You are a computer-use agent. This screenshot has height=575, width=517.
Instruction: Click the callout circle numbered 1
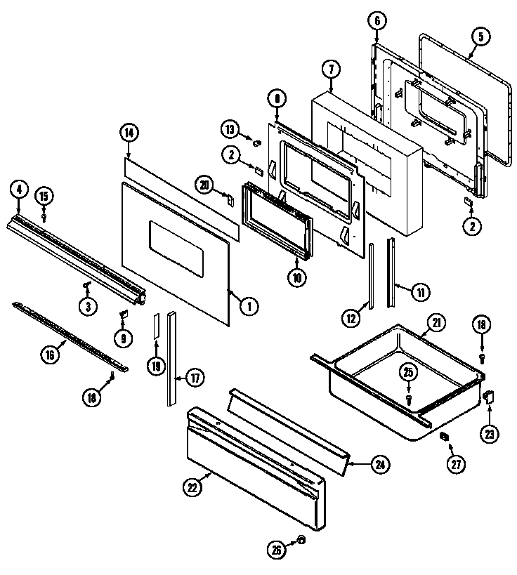pos(247,305)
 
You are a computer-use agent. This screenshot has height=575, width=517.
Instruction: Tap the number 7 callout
pos(330,69)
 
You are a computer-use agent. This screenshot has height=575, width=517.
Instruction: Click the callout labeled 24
pos(379,464)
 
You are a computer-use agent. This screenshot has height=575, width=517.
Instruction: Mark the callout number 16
pos(49,356)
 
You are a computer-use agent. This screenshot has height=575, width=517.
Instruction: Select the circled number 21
pos(436,324)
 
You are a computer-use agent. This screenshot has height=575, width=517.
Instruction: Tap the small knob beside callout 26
pos(300,540)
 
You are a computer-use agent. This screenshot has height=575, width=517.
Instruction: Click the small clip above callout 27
pos(444,437)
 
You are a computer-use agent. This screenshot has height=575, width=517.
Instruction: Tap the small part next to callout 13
pos(256,143)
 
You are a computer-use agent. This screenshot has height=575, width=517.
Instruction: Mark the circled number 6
pos(377,21)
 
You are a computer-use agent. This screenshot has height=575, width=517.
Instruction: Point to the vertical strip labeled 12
pos(371,274)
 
